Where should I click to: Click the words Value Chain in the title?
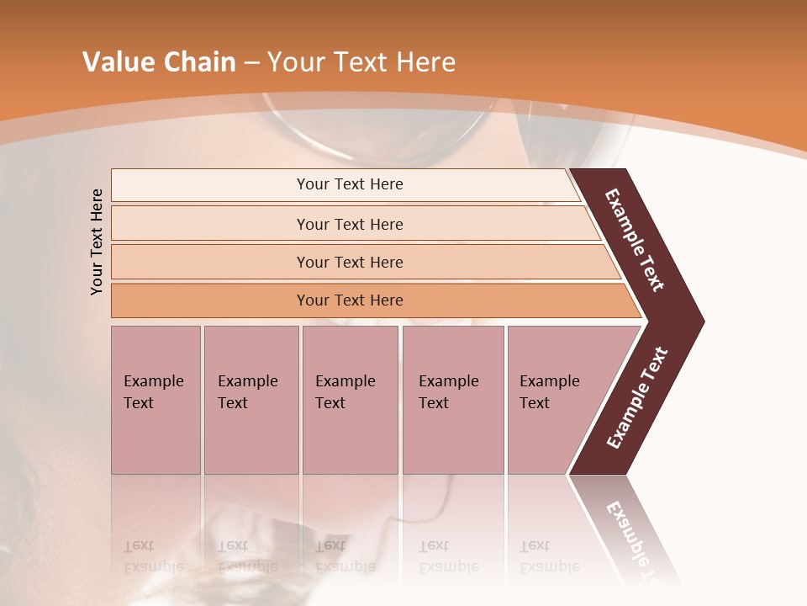click(x=159, y=61)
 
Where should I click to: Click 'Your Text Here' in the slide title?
click(x=361, y=61)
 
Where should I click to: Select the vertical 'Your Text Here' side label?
click(x=97, y=242)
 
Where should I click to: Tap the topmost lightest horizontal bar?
click(x=350, y=184)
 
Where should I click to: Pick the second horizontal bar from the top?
click(x=350, y=224)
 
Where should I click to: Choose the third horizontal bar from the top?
click(x=350, y=262)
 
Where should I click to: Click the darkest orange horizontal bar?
click(x=350, y=300)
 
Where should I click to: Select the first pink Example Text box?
click(x=156, y=399)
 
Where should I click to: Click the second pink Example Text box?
click(x=251, y=399)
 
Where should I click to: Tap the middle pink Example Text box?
click(x=350, y=399)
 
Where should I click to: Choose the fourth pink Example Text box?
click(x=452, y=399)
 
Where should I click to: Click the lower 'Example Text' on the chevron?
click(x=637, y=397)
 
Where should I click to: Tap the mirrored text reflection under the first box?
click(x=154, y=556)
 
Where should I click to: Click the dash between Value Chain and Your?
click(x=251, y=62)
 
